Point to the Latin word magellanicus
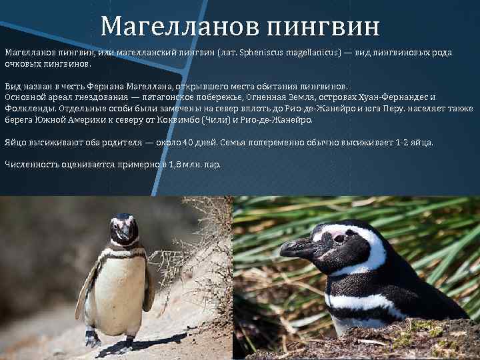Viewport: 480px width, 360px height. (x=312, y=51)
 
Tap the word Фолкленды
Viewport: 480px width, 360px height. (x=30, y=107)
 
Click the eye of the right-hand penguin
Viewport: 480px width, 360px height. (x=339, y=237)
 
